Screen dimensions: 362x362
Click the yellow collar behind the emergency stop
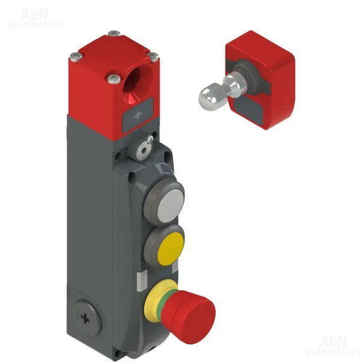point(155,298)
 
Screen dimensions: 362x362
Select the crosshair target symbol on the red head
point(138,115)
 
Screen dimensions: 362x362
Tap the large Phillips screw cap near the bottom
point(86,319)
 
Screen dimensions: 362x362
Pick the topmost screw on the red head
point(114,33)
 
